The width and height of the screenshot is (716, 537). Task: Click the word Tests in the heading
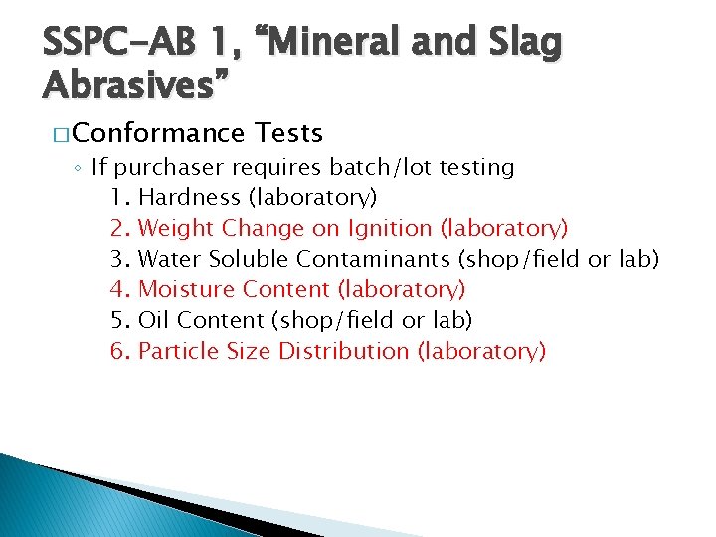[288, 133]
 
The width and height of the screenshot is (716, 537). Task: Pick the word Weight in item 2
[176, 229]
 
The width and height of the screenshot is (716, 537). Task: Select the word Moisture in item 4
[181, 290]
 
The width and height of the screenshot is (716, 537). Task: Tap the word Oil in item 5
[153, 321]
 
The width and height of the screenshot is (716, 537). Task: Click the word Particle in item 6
[176, 352]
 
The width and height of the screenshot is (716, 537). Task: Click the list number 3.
[119, 260]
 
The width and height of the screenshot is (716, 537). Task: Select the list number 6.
[119, 352]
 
